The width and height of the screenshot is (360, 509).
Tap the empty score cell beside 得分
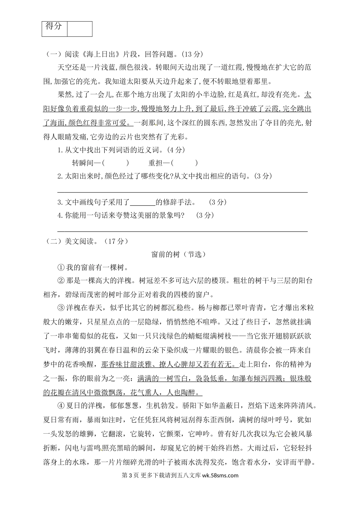[x=80, y=29]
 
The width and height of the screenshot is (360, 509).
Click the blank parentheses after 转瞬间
[x=116, y=163]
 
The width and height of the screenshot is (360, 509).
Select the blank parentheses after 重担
[x=185, y=163]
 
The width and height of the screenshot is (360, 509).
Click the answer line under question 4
[x=182, y=231]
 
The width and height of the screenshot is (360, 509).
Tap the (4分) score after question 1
[x=172, y=150]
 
